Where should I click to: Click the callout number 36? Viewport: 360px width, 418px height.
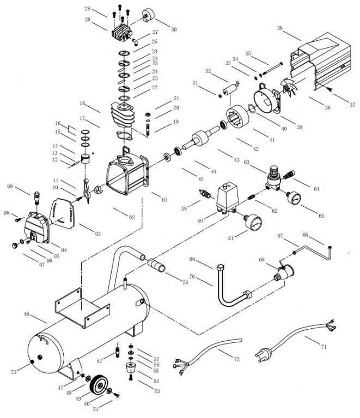280,28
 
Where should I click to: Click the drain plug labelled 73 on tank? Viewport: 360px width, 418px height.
35,361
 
